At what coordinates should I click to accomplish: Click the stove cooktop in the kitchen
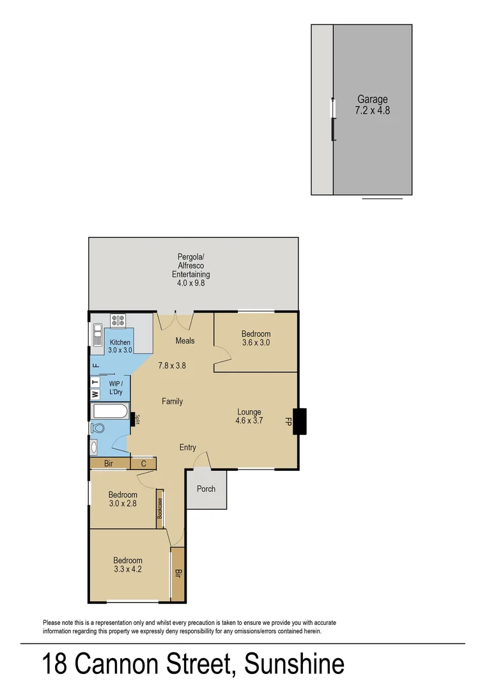pos(118,319)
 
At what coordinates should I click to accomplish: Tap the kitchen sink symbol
pos(98,335)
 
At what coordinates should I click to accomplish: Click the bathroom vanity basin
pos(95,447)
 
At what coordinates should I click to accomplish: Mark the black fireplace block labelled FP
pos(299,421)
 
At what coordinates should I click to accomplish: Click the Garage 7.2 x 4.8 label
pos(372,105)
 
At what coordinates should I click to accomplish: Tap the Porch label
pos(206,489)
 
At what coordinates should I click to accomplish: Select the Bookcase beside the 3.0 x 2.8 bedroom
pos(160,509)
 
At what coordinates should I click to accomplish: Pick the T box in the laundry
pos(95,382)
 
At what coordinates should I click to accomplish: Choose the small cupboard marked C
pos(143,464)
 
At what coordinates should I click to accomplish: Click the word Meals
pos(185,341)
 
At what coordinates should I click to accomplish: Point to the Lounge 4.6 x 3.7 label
pos(249,416)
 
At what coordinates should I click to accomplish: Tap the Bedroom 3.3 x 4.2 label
pos(128,565)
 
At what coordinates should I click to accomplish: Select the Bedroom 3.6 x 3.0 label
pos(256,338)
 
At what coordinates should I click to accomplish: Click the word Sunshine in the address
pos(295,664)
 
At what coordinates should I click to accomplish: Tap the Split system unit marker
pos(134,419)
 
